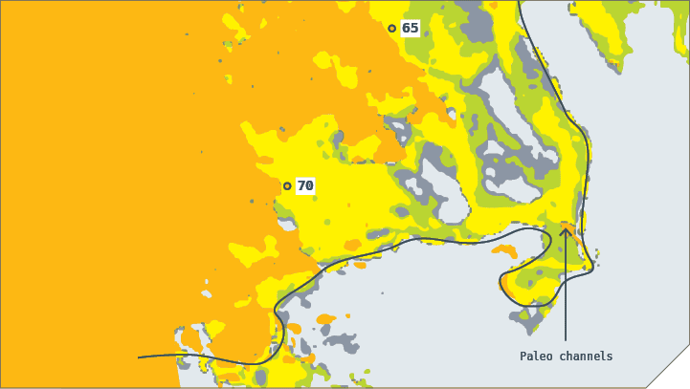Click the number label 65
tap(411, 28)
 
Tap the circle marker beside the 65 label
tap(391, 28)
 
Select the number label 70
tap(305, 185)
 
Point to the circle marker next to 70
tap(287, 185)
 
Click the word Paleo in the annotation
tap(536, 357)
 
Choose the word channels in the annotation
tap(587, 357)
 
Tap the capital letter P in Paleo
tap(523, 357)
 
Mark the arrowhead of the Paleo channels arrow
tap(566, 229)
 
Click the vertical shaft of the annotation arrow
tap(566, 287)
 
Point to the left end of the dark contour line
tap(140, 357)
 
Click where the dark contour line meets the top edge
tap(519, 2)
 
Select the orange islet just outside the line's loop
tap(504, 250)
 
